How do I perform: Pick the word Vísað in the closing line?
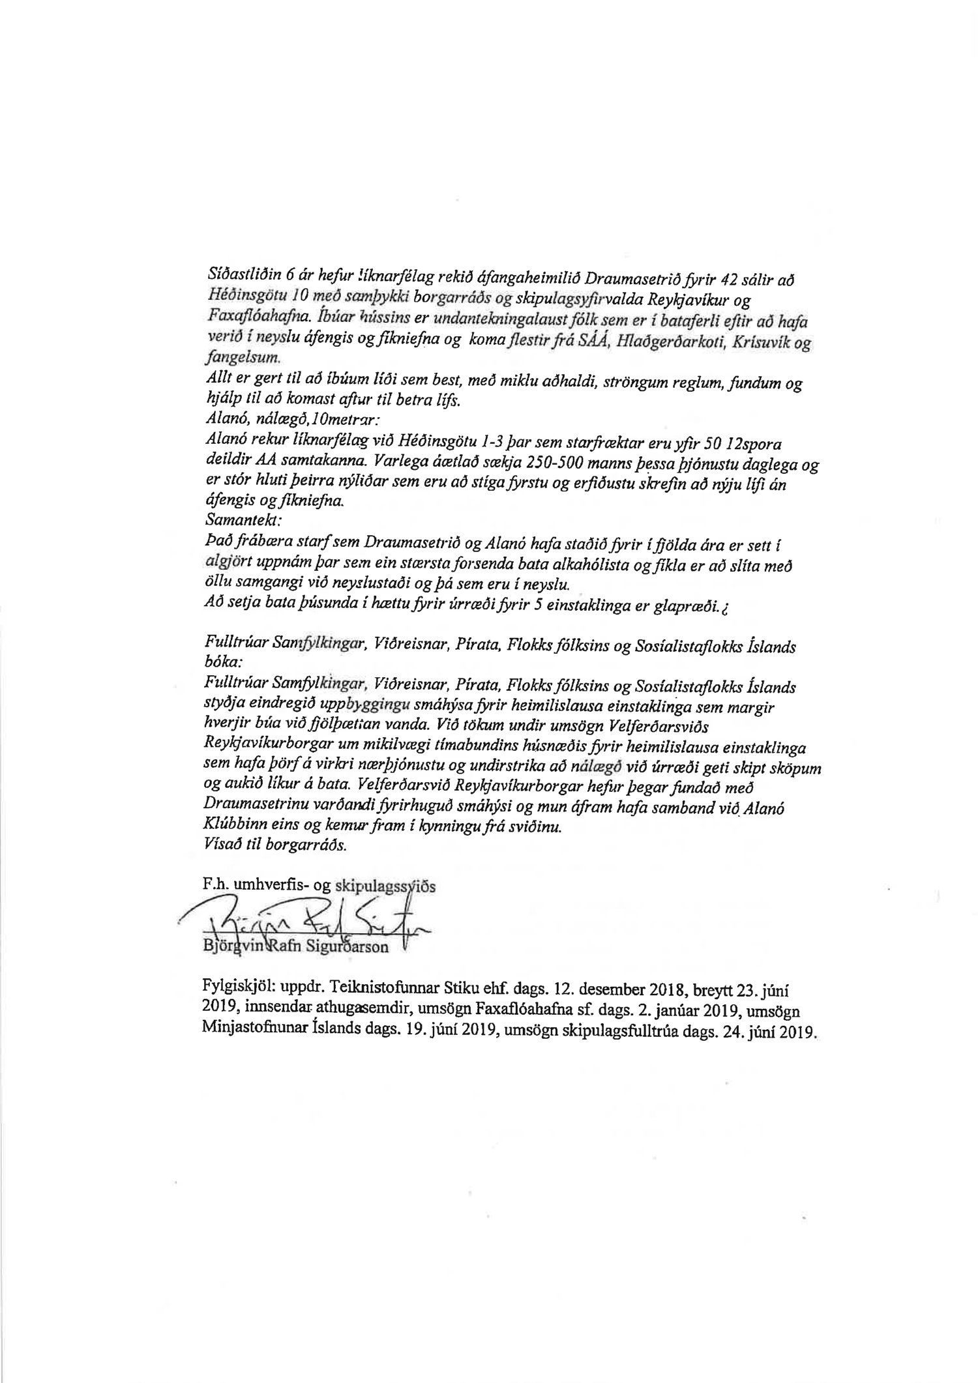[x=220, y=847]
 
